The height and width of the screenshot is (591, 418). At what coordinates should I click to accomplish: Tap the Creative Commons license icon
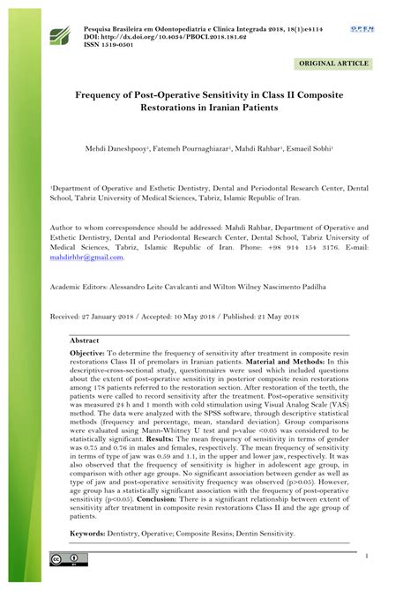68,558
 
